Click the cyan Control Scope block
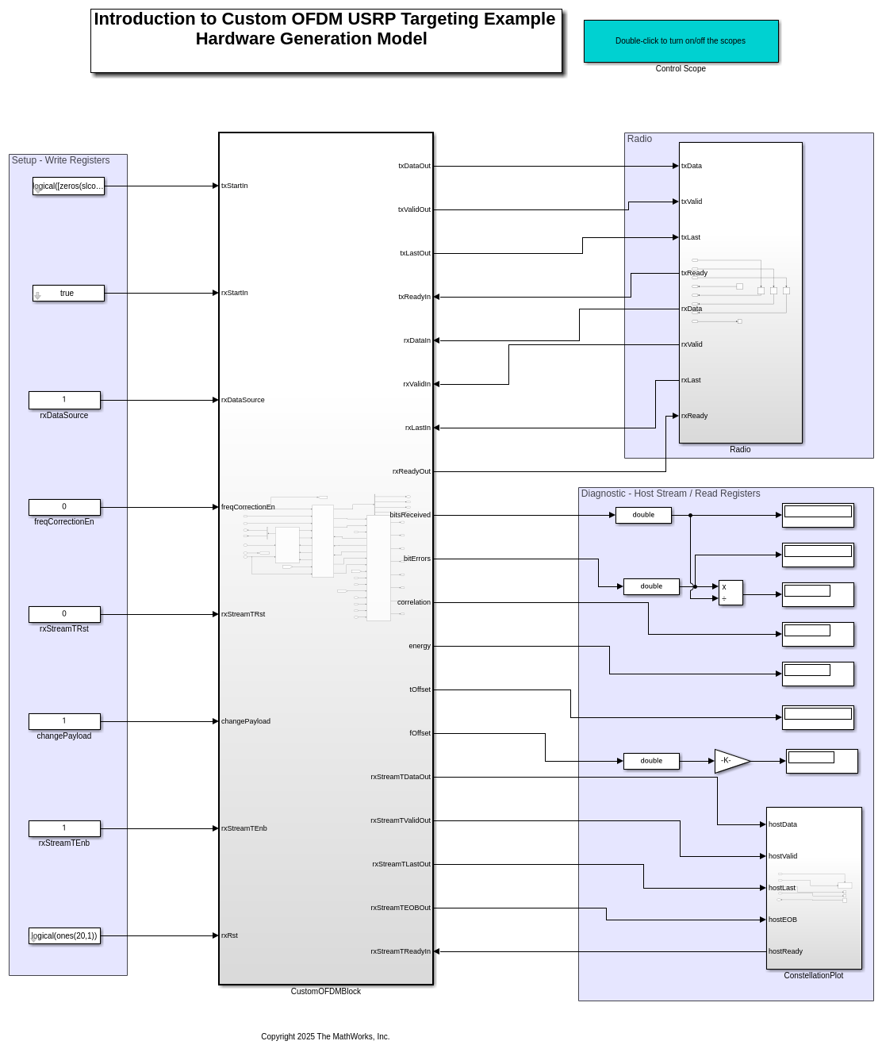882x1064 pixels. tap(681, 41)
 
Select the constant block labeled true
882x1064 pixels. tap(68, 294)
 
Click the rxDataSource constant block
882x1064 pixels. tap(64, 400)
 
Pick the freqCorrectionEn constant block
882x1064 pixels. tap(64, 507)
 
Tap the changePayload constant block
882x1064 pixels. tap(64, 721)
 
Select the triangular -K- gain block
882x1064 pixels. tap(730, 761)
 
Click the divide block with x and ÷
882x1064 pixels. tap(731, 593)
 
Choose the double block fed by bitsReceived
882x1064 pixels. tap(643, 516)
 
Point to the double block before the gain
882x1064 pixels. tap(651, 761)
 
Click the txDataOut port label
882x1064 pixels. tap(414, 166)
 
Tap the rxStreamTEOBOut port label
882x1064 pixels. tap(401, 908)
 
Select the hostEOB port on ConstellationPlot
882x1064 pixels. tap(783, 920)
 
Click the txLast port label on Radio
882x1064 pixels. tap(691, 237)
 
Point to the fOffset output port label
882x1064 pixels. tap(420, 733)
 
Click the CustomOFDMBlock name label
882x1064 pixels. tap(325, 992)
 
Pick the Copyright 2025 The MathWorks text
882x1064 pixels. tap(325, 1037)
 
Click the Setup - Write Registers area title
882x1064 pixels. tap(60, 160)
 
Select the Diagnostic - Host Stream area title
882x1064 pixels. tap(670, 494)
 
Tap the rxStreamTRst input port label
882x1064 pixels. tap(243, 614)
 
